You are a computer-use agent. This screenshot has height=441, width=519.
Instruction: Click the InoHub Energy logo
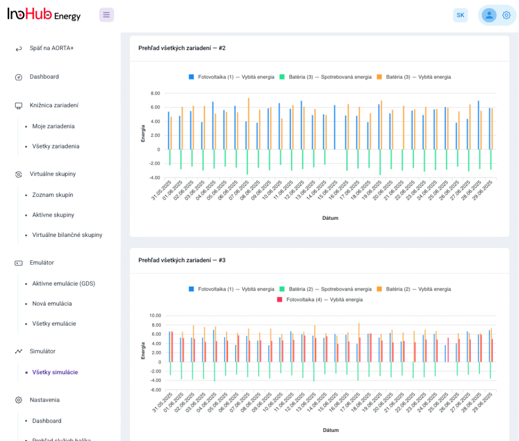[44, 15]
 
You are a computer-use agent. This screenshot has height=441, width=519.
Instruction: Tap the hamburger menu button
[106, 15]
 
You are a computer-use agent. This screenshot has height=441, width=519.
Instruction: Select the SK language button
[460, 15]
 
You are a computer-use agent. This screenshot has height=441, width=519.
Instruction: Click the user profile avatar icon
[489, 15]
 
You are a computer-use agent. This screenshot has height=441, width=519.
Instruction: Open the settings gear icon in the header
[506, 15]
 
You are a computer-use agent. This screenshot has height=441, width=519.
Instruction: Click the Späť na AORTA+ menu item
[52, 48]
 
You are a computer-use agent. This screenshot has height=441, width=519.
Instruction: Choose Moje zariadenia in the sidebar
[53, 126]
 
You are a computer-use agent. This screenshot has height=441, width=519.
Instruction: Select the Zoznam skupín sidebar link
[53, 195]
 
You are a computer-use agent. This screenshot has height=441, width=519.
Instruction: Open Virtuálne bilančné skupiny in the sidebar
[67, 235]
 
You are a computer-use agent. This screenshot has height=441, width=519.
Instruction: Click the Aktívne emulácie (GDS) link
[63, 284]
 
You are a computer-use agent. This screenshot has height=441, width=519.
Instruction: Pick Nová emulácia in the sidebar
[52, 304]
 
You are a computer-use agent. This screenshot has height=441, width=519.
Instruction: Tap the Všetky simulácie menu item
[55, 372]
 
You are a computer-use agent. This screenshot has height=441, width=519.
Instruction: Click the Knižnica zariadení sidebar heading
[53, 105]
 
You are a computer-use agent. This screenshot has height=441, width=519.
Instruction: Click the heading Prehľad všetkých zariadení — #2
[182, 48]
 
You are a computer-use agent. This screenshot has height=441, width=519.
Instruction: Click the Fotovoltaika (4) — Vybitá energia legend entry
[320, 300]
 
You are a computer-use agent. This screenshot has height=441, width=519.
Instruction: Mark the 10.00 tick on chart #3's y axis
[154, 315]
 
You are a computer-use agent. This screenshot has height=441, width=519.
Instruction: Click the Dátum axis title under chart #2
[330, 218]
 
